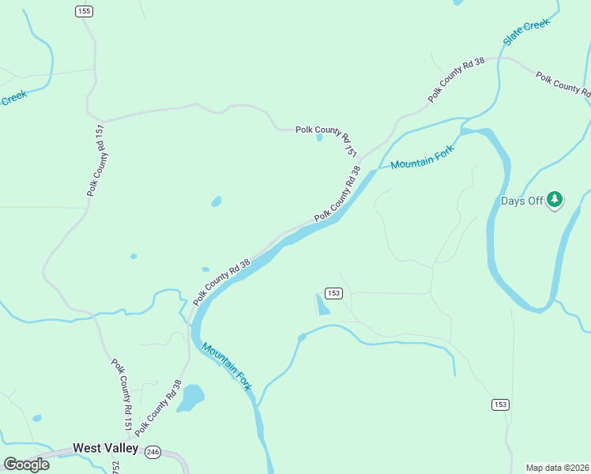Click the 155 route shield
click(x=85, y=10)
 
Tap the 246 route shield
click(x=153, y=452)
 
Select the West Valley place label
click(x=105, y=448)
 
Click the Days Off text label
click(x=521, y=201)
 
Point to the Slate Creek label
click(x=526, y=32)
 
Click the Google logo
click(x=26, y=464)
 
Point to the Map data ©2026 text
click(x=557, y=468)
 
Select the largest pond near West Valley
click(x=190, y=398)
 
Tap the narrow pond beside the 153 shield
click(x=322, y=305)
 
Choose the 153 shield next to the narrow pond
click(x=333, y=293)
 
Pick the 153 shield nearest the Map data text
click(x=499, y=404)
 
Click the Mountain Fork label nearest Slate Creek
click(x=423, y=160)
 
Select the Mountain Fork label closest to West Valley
click(x=226, y=366)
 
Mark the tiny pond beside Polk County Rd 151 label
click(x=319, y=137)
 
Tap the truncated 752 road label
click(x=115, y=467)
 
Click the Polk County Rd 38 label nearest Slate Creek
click(x=456, y=81)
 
